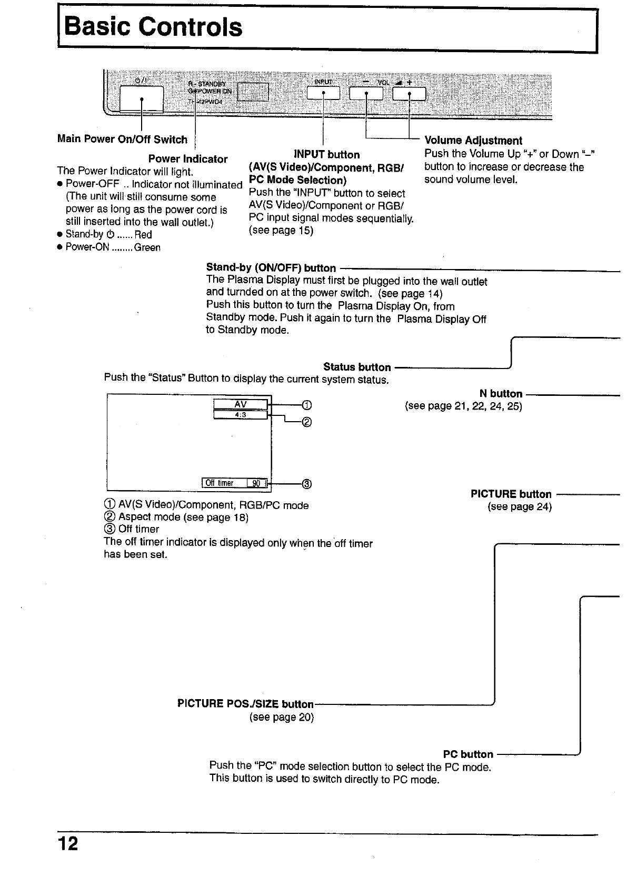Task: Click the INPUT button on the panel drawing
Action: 323,94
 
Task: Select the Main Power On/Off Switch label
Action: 122,140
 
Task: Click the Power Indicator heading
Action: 188,159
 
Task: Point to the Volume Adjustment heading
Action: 473,141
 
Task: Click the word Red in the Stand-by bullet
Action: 143,235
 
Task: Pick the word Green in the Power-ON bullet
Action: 147,247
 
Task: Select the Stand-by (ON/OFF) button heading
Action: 271,268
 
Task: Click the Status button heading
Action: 357,367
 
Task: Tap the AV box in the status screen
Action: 241,404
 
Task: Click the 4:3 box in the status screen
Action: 241,415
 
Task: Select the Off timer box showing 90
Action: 235,483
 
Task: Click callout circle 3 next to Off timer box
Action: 307,484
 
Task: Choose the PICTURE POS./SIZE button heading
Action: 245,704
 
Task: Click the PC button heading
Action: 468,754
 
